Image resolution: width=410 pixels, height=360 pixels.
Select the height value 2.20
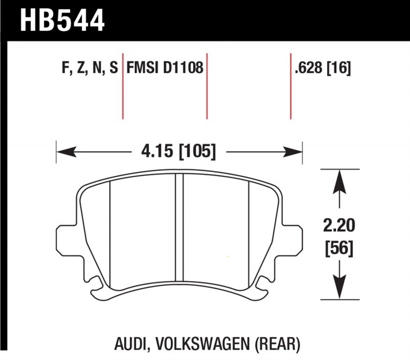[x=339, y=225]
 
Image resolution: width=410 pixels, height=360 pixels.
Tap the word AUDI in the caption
[x=134, y=343]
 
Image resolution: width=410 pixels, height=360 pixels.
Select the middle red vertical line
[x=207, y=85]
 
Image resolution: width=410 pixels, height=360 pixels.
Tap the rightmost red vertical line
[x=291, y=85]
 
